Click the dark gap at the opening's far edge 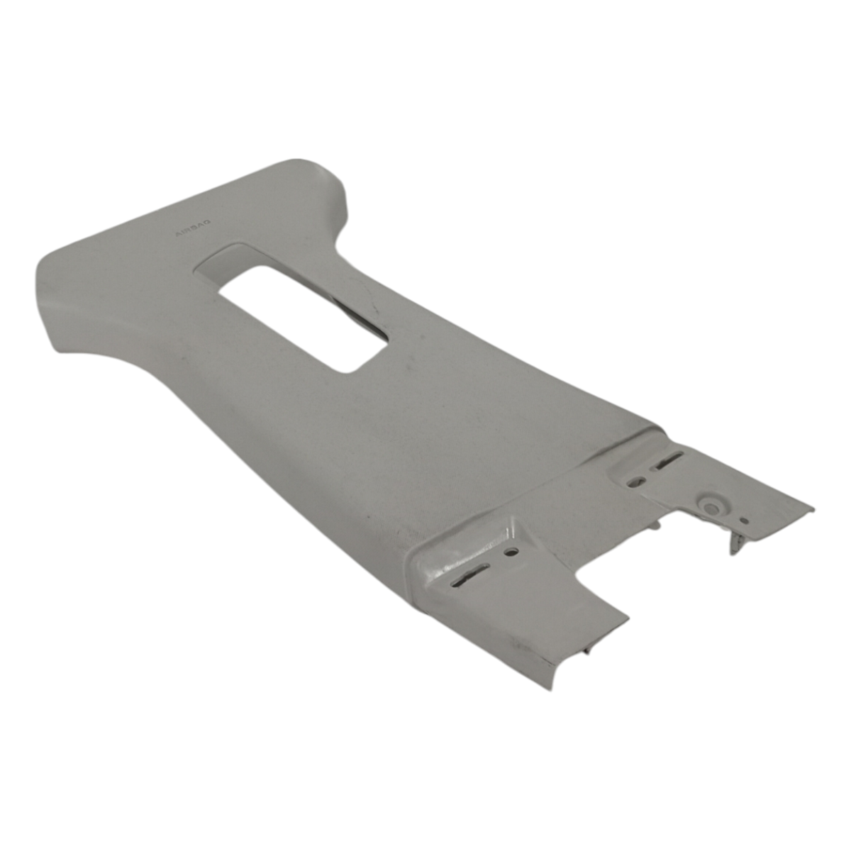click(357, 313)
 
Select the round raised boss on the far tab click(711, 507)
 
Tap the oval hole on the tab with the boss click(637, 480)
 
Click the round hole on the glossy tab click(512, 552)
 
